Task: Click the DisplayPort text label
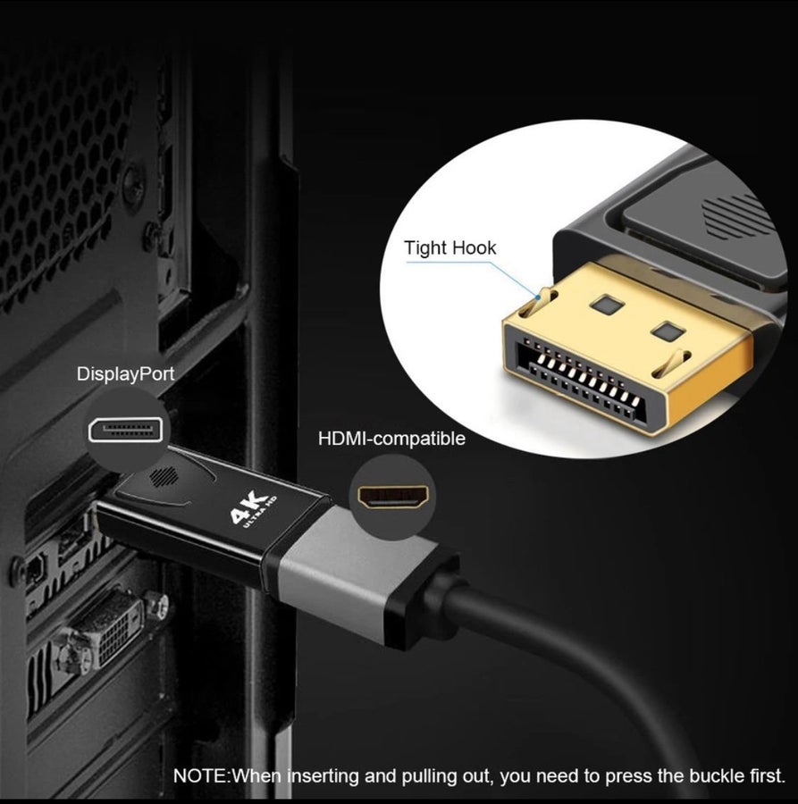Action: [125, 373]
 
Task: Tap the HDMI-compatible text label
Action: [391, 439]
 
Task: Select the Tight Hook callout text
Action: [449, 248]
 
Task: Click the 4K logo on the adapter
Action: [252, 509]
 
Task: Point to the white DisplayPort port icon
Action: [126, 431]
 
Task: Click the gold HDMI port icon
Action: [392, 497]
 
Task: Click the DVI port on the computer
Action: [109, 632]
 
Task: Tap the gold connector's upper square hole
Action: [608, 305]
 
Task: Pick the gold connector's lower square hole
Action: [668, 331]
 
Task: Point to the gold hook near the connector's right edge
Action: [671, 363]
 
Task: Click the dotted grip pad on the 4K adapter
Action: [164, 476]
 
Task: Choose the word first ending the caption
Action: [769, 776]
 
